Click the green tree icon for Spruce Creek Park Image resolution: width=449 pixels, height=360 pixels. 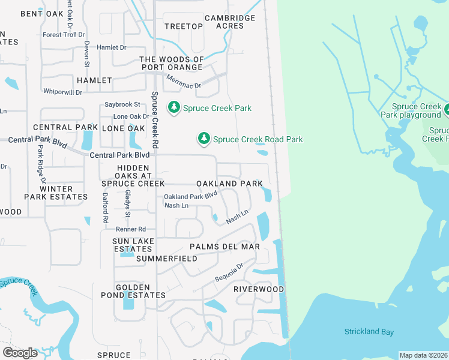coord(174,108)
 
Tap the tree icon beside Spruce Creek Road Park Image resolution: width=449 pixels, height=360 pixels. coord(204,139)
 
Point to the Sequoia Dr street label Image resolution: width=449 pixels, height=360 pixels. coord(229,274)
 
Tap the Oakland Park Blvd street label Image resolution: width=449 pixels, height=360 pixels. coord(190,196)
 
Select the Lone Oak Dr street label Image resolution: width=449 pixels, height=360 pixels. coord(131,116)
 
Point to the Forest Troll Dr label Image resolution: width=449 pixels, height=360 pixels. coord(61,35)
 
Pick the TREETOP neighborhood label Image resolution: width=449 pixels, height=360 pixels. coord(184,26)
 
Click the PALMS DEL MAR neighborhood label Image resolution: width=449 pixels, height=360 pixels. coord(224,247)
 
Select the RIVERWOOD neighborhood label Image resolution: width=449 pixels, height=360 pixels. coord(259,289)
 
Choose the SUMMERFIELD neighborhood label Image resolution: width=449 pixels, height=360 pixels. coord(166,259)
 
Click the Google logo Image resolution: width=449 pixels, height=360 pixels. coord(20,352)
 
